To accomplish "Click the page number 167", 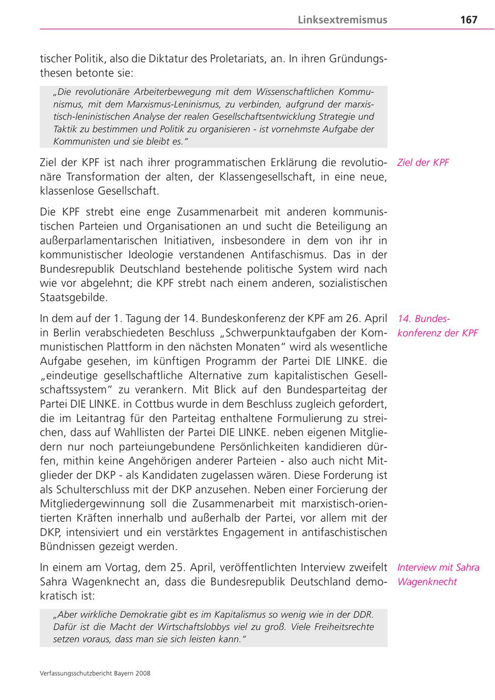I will (469, 20).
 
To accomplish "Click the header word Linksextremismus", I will (343, 20).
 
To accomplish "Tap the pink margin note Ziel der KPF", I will (422, 163).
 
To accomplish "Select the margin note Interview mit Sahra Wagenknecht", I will (438, 575).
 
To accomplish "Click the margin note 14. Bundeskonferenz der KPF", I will (437, 326).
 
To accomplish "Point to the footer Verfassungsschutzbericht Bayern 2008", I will (95, 672).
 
